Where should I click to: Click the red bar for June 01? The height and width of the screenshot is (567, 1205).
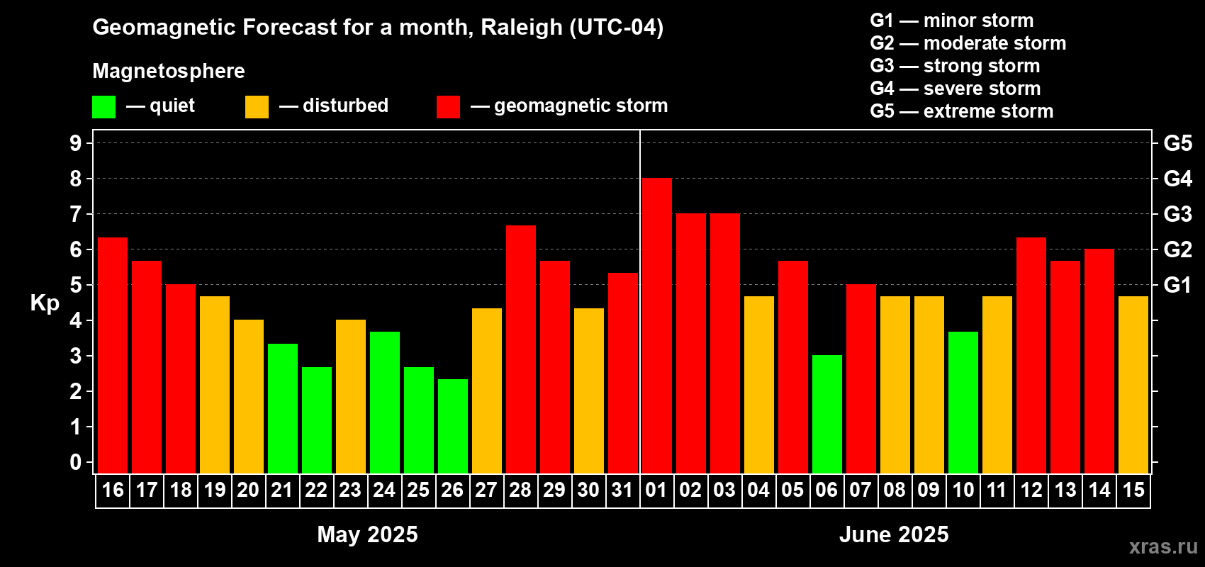[x=657, y=326]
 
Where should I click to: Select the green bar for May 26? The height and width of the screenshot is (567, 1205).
[x=453, y=426]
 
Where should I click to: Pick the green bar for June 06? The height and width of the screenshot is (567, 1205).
[x=827, y=414]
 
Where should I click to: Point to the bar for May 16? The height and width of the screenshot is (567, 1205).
[x=113, y=355]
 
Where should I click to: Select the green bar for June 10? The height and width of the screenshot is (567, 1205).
[x=963, y=403]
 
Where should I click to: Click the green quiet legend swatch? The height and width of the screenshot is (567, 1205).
[x=103, y=107]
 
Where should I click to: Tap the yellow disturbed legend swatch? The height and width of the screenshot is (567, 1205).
[x=257, y=107]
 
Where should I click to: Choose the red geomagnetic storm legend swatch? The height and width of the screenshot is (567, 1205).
[x=448, y=107]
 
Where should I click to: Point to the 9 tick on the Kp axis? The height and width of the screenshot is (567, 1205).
[x=76, y=143]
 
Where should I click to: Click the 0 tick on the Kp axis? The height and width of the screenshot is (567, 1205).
[x=76, y=463]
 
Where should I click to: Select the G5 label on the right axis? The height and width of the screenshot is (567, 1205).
[x=1177, y=143]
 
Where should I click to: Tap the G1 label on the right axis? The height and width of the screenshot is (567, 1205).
[x=1177, y=285]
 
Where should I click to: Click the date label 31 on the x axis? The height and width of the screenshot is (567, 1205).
[x=622, y=490]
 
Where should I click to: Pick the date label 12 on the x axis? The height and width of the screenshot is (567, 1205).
[x=1031, y=490]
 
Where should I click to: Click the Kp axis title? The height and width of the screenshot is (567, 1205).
[x=45, y=303]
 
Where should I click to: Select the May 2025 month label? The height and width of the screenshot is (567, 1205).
[x=367, y=534]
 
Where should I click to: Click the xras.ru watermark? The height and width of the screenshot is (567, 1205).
[x=1163, y=546]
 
